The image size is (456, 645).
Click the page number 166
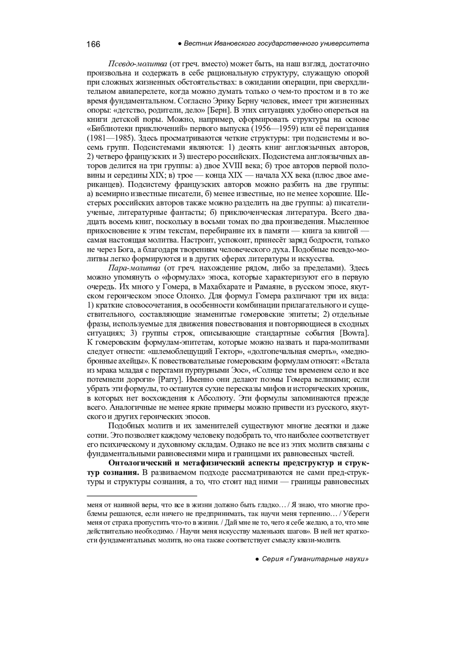[x=93, y=44]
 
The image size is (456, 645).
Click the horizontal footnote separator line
[x=142, y=496]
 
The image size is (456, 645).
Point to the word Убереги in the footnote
[x=356, y=514]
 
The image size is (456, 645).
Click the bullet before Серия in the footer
[x=257, y=559]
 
